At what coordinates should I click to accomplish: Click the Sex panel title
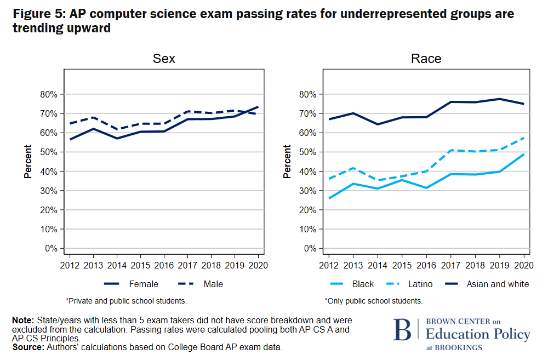point(164,59)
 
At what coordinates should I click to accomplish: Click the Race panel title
point(426,59)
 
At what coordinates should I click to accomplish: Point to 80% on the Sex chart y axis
point(49,94)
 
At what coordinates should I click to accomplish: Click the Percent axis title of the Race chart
point(287,162)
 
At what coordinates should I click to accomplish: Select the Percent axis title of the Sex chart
point(27,162)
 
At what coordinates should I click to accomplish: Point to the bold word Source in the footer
point(28,347)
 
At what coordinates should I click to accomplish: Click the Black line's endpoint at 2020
point(523,155)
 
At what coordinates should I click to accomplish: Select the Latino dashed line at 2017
point(451,150)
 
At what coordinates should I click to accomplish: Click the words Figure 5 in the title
point(37,14)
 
